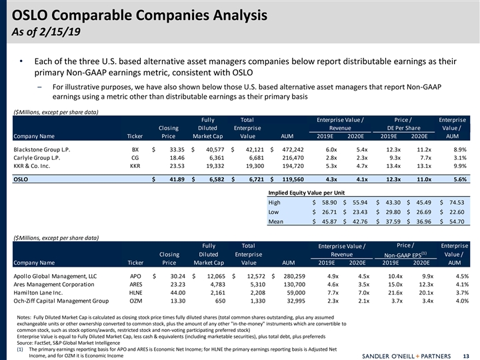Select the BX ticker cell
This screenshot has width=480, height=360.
135,150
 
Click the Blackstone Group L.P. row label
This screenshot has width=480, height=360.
44,150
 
